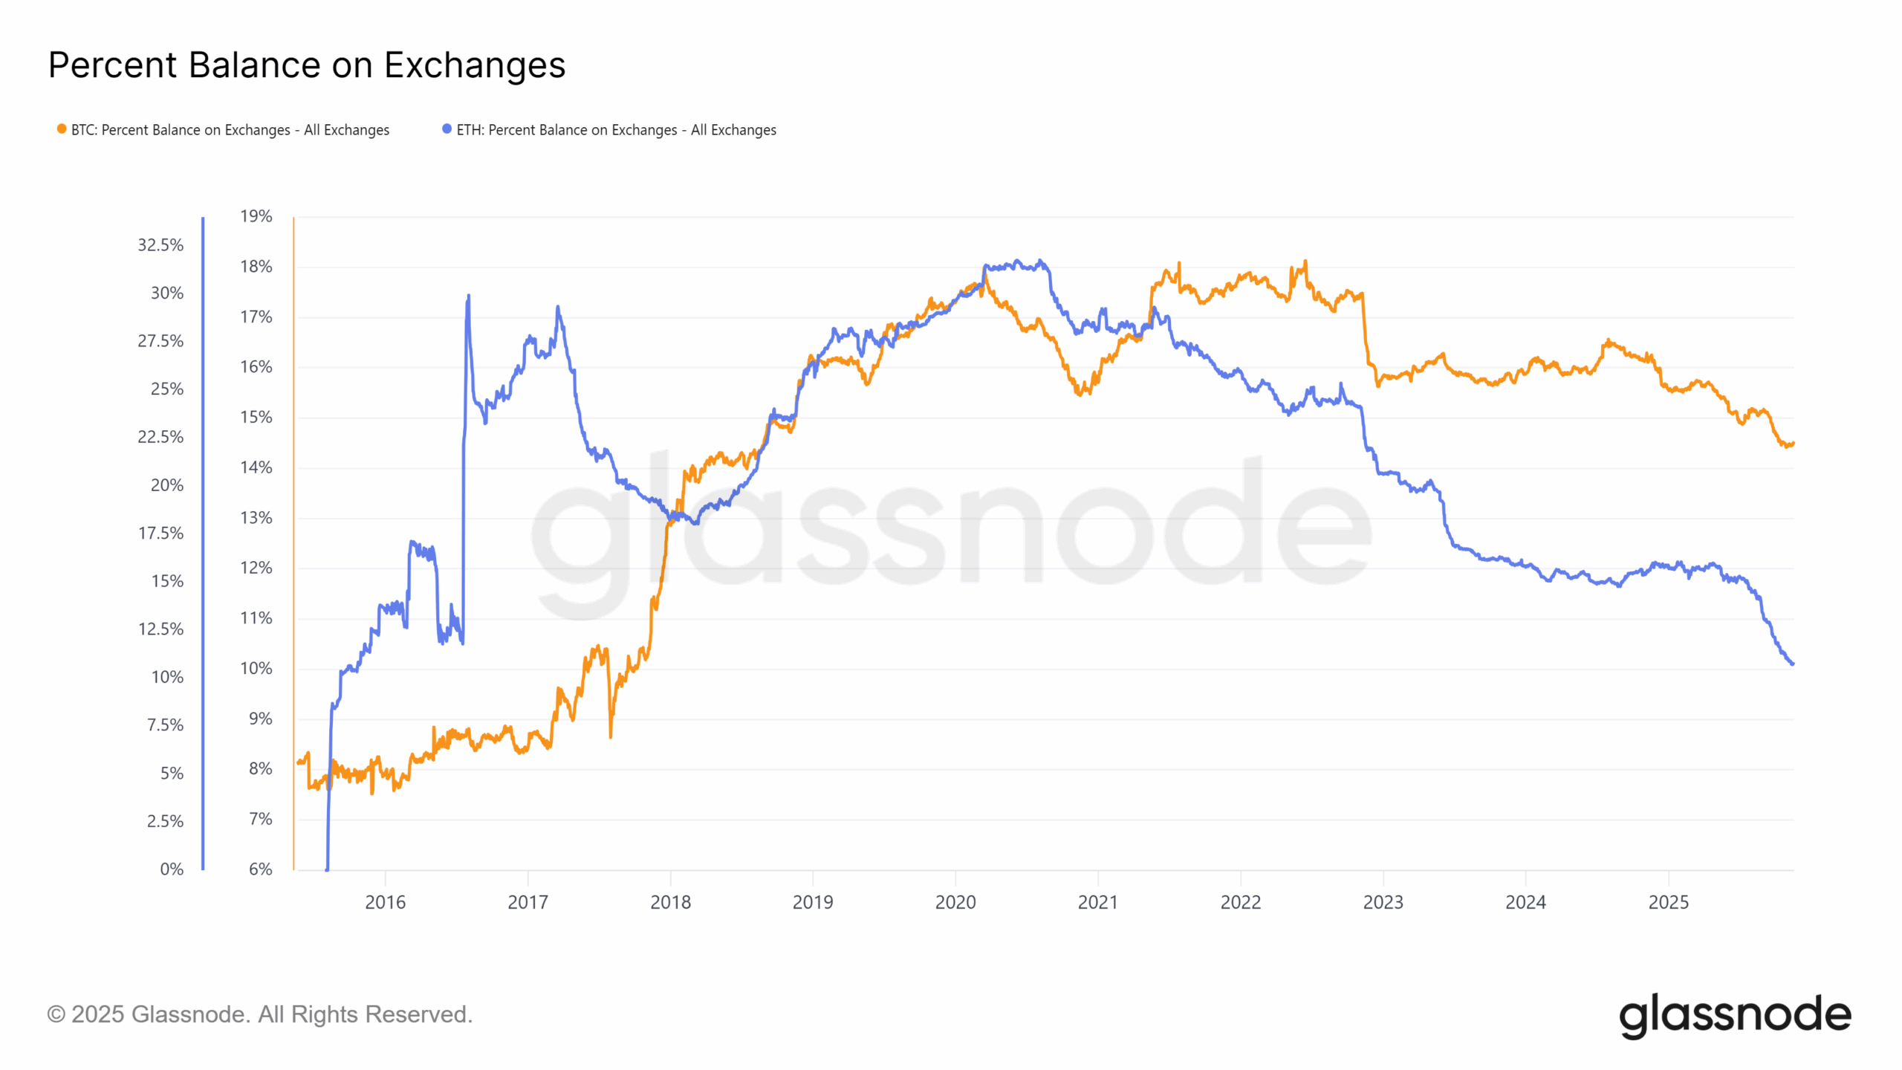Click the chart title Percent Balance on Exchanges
tap(306, 65)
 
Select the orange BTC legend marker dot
tap(62, 129)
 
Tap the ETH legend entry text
tap(616, 130)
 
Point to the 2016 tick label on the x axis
tap(385, 902)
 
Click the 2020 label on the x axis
tap(955, 902)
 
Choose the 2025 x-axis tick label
tap(1668, 902)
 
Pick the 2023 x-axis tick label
tap(1383, 902)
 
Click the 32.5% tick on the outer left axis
tap(160, 245)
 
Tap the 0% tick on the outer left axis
tap(172, 869)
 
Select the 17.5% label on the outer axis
tap(160, 533)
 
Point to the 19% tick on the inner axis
tap(256, 216)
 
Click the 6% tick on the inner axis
tap(260, 869)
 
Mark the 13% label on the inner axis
tap(256, 518)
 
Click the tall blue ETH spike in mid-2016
tap(468, 297)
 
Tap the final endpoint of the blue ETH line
tap(1792, 664)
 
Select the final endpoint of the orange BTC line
tap(1793, 444)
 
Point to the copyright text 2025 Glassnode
tap(259, 1014)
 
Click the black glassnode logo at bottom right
tap(1735, 1015)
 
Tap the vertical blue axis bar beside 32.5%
tap(203, 245)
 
